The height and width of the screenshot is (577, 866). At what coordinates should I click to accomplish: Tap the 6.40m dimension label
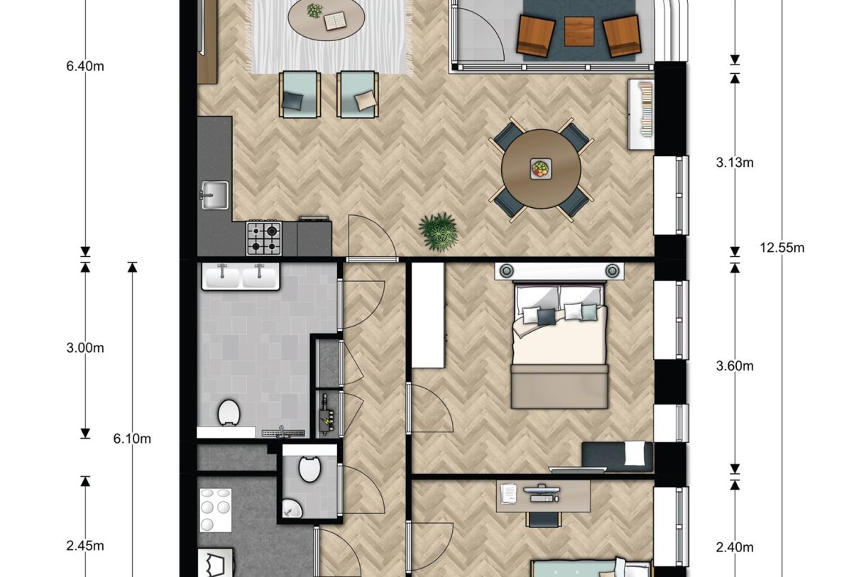85,67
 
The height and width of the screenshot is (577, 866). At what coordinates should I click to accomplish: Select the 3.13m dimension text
734,163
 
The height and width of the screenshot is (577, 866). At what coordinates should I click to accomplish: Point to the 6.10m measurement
132,439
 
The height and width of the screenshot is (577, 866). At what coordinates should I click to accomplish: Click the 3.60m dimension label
734,366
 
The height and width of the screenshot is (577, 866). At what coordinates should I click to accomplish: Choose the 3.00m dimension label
85,348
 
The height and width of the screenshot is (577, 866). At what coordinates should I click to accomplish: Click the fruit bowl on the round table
541,168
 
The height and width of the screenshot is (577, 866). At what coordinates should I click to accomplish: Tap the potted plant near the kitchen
438,231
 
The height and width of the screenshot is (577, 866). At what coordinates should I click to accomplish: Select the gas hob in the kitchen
263,238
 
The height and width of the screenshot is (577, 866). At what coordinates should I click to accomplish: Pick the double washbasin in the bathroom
241,275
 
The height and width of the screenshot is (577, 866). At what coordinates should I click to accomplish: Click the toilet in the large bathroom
228,412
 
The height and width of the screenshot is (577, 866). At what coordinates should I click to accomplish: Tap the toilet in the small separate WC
309,468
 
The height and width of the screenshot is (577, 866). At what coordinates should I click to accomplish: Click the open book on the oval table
334,22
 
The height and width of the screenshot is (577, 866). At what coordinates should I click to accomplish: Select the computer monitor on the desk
541,490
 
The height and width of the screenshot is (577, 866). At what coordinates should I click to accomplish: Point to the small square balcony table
579,31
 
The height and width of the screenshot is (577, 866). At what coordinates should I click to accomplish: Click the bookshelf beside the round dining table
641,114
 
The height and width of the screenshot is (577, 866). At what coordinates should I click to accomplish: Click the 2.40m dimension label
734,546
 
